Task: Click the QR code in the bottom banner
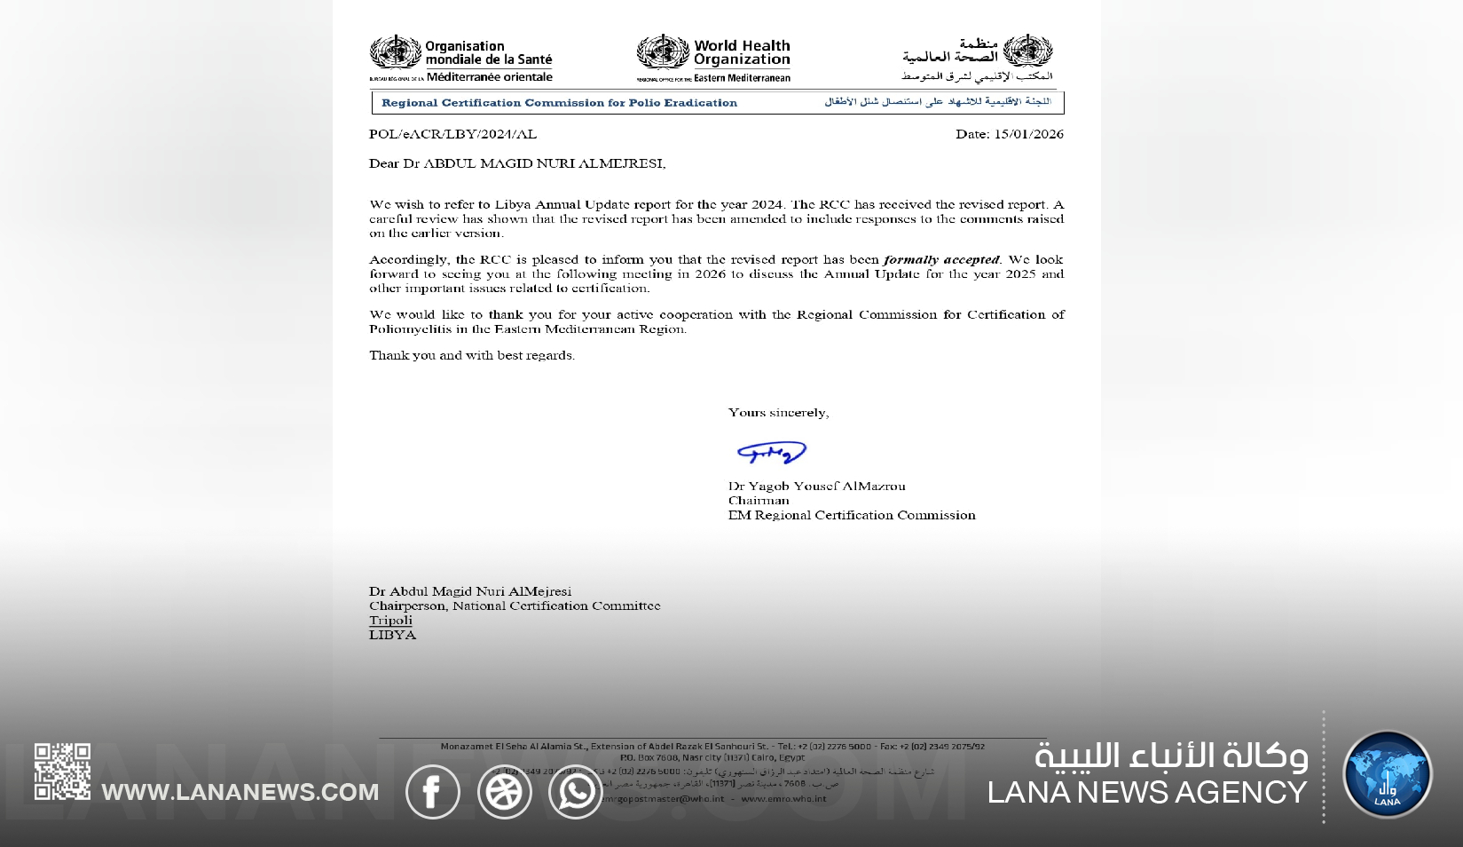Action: [62, 772]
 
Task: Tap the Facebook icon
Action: [433, 791]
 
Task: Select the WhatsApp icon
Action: [575, 791]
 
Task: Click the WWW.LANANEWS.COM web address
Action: [240, 792]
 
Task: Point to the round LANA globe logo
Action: [1387, 774]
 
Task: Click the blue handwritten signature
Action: [772, 454]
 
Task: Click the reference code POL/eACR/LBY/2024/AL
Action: [452, 134]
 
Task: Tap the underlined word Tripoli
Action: [390, 620]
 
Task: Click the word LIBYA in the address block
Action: [392, 635]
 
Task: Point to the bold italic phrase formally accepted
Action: [941, 259]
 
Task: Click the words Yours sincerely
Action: [778, 412]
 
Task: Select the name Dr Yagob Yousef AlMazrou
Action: [816, 486]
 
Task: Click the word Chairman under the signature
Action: [759, 500]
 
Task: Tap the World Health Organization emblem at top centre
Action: [662, 53]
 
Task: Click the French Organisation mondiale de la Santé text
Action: [488, 53]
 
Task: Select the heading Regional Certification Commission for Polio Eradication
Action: [559, 103]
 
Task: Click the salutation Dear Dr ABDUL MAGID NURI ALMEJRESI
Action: [516, 163]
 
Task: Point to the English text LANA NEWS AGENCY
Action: [1146, 792]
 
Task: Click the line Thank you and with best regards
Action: [472, 355]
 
